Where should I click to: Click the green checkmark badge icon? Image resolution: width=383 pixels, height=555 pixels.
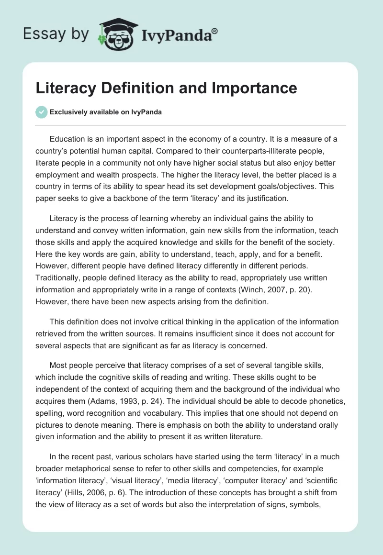point(41,112)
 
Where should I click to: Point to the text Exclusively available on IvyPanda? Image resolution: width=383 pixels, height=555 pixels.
point(106,112)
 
